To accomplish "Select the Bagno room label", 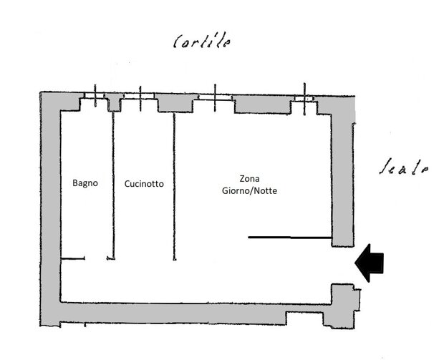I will (x=85, y=183).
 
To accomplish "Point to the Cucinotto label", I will (x=143, y=184).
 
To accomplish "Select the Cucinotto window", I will (x=140, y=99).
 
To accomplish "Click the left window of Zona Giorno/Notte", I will (x=213, y=99).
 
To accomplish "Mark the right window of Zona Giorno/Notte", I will (x=305, y=99).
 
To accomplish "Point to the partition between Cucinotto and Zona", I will (x=173, y=186).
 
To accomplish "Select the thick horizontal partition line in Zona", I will (x=289, y=237).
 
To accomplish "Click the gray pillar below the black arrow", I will (x=344, y=298).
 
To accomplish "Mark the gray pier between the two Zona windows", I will (x=261, y=104).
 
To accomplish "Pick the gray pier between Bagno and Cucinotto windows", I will (x=113, y=104).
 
